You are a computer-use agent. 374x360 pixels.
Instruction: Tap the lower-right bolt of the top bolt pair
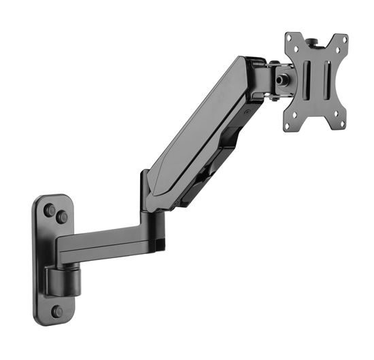[x=62, y=217]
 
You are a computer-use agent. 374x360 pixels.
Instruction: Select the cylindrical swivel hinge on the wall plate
[x=62, y=279]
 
